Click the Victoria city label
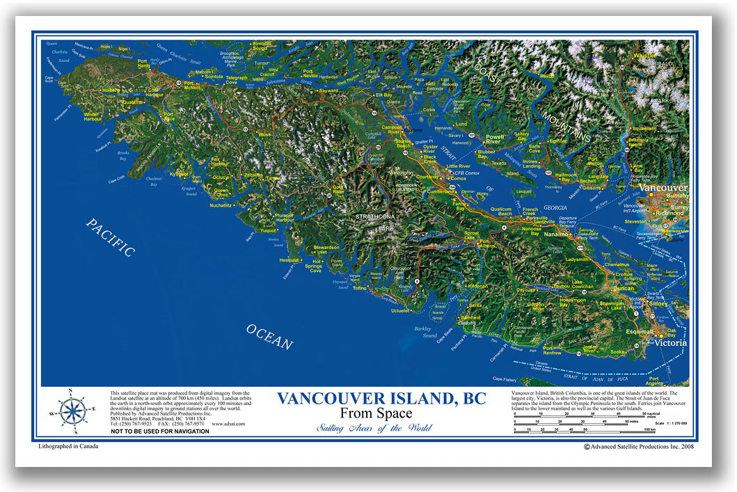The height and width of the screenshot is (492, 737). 669,343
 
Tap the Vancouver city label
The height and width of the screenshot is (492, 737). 663,188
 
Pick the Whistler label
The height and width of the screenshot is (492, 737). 644,55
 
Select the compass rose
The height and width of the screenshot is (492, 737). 72,411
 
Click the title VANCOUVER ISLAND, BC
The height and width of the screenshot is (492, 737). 381,399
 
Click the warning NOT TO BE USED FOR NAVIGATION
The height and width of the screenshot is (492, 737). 159,431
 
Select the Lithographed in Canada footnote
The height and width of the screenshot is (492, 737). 69,446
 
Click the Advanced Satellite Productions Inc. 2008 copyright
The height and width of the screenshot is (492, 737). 638,447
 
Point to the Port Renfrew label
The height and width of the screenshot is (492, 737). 552,350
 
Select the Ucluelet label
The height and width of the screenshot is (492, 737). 400,310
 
